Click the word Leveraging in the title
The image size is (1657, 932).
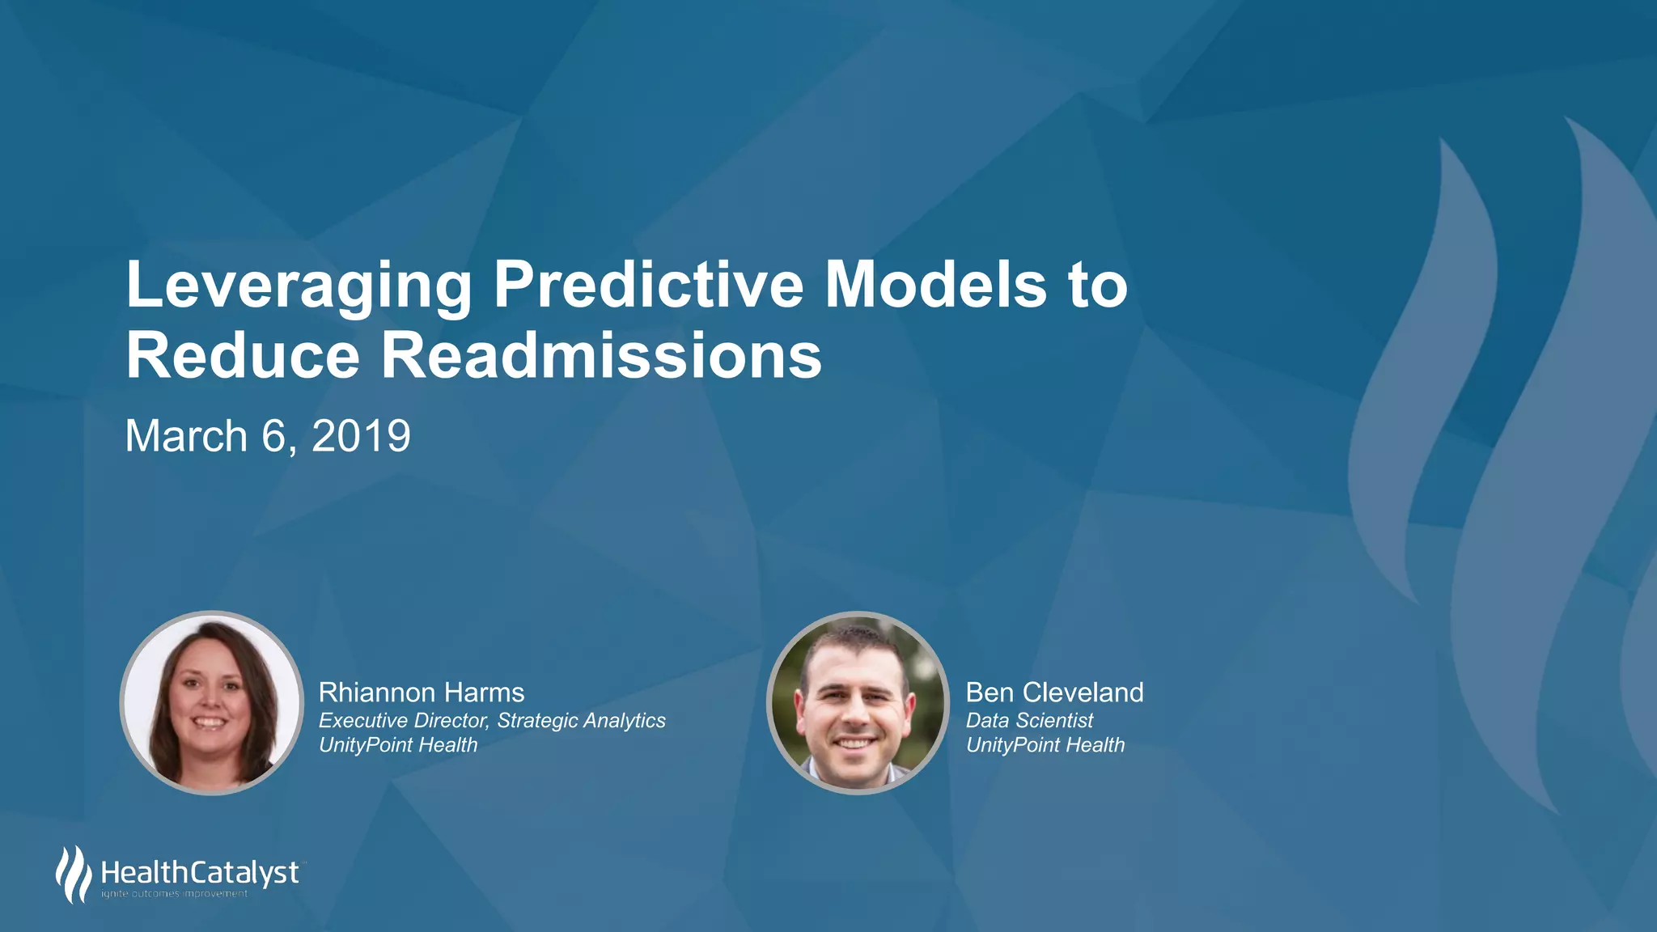tap(299, 286)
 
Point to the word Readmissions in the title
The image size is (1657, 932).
tap(601, 356)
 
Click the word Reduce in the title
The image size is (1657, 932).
tap(243, 356)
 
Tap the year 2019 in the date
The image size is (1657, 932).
tap(361, 436)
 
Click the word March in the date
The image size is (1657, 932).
tap(186, 436)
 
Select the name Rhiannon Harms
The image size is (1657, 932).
tap(422, 693)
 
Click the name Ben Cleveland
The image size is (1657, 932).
tap(1054, 693)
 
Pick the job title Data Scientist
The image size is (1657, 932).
tap(1029, 720)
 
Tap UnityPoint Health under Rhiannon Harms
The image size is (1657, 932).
tap(398, 745)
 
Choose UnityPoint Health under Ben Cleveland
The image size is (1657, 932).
tap(1045, 745)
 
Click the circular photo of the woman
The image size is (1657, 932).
tap(211, 702)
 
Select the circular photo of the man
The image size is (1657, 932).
tap(858, 702)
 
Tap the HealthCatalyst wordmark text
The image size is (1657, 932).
tap(200, 873)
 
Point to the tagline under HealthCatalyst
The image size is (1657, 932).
tap(174, 894)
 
